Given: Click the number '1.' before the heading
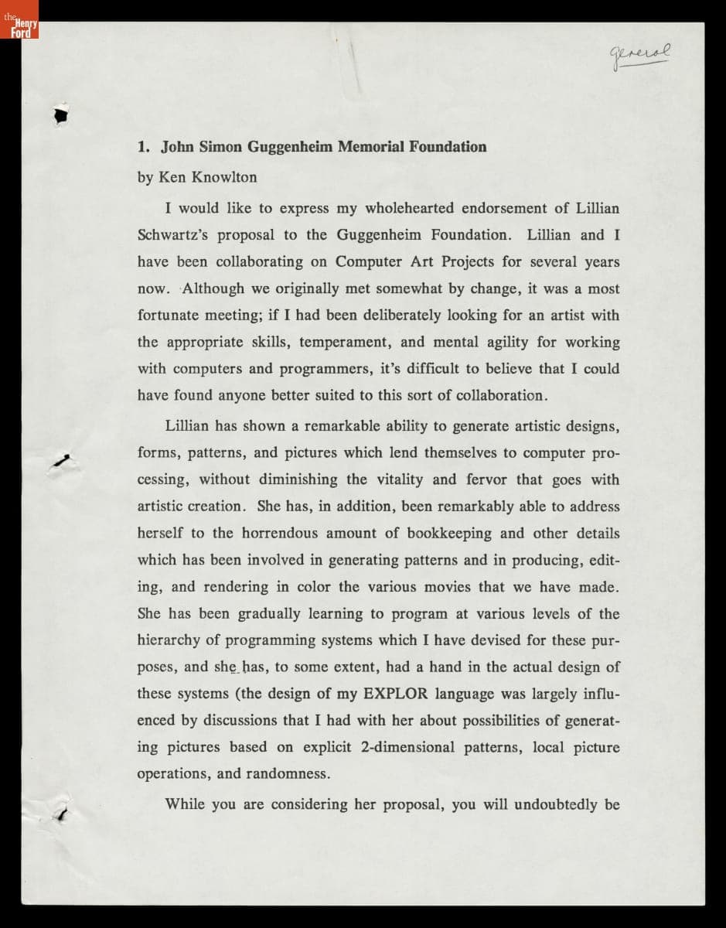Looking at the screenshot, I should (x=143, y=147).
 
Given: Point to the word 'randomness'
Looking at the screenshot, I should (x=288, y=773).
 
